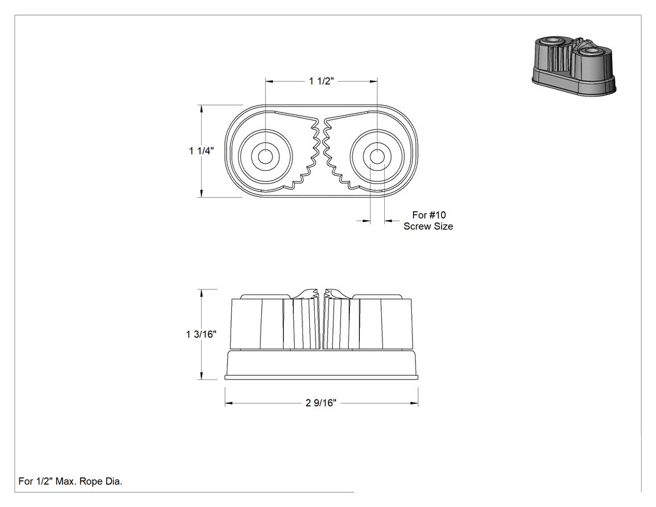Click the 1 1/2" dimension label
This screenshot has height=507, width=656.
(321, 81)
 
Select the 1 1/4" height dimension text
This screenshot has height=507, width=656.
(201, 151)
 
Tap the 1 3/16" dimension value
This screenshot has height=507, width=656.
(201, 334)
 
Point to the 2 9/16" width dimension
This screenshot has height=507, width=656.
(321, 403)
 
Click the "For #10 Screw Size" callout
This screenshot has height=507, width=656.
(429, 221)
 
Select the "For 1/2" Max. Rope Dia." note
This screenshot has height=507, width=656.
(70, 481)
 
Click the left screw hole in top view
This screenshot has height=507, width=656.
(265, 156)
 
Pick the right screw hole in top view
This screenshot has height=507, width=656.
(377, 156)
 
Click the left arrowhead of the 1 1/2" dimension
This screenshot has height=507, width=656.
(269, 82)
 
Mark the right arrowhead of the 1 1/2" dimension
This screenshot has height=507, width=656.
(373, 82)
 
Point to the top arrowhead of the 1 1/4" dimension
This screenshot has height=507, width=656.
(202, 109)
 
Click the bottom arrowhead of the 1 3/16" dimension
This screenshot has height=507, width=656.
(202, 376)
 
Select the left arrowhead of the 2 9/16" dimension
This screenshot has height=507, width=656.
(229, 403)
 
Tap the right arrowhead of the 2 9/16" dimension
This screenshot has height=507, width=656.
(414, 403)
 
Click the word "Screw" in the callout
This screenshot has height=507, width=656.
(416, 226)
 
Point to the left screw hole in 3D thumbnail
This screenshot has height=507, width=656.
(552, 41)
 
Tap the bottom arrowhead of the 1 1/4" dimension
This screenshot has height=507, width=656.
(202, 193)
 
